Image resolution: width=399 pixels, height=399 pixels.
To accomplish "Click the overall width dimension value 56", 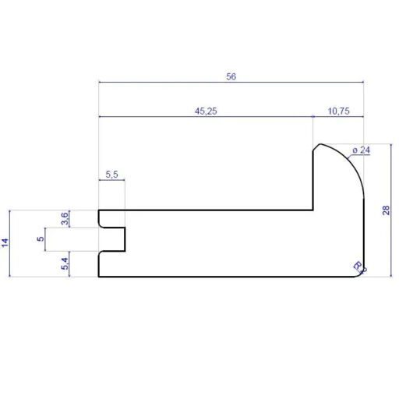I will [x=231, y=76].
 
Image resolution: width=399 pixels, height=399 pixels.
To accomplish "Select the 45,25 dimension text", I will [x=206, y=111].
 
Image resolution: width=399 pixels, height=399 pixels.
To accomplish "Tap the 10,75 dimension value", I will [x=338, y=111].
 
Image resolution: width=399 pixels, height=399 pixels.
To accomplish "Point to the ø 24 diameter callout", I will [x=360, y=150].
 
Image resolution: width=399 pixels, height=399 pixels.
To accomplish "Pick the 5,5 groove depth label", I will [x=111, y=175].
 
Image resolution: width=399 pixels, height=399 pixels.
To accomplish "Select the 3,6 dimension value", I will [x=65, y=218].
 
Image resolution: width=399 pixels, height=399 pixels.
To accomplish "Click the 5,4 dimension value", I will [x=65, y=263].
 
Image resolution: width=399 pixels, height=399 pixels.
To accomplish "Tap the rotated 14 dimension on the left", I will [x=6, y=243].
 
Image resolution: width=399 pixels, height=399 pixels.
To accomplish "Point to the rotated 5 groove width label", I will [x=40, y=239].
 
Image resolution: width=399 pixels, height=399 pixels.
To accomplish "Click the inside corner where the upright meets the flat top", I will [x=313, y=210].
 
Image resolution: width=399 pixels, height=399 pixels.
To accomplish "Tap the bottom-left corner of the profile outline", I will [x=99, y=277].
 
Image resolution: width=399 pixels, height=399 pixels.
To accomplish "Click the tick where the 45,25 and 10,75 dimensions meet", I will [x=312, y=117].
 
